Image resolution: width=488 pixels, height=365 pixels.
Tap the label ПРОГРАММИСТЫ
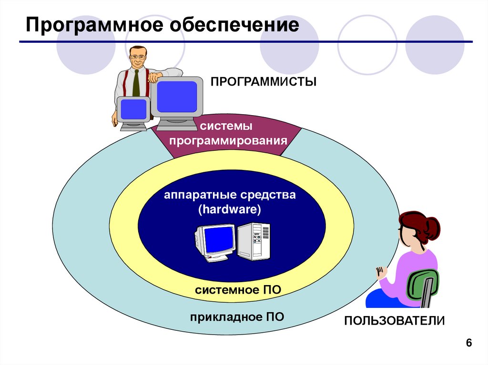coord(264,82)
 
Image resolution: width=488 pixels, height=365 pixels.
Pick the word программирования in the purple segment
coord(228,141)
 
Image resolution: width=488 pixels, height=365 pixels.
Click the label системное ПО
coord(238,290)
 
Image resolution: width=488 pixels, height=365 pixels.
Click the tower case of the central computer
coord(253,241)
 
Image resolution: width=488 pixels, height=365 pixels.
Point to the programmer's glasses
coord(138,57)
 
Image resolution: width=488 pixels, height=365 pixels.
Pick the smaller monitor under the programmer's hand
coord(133,110)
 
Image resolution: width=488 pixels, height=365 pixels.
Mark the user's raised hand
coord(380,273)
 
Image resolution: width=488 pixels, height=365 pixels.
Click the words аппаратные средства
coord(231,195)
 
